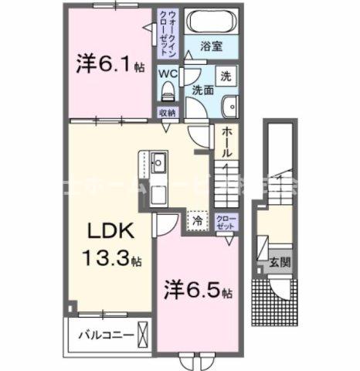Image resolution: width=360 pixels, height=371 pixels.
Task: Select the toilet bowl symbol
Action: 167,92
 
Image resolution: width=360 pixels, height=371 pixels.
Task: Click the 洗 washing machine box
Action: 226,77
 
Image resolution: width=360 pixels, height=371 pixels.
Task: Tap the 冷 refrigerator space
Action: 198,220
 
